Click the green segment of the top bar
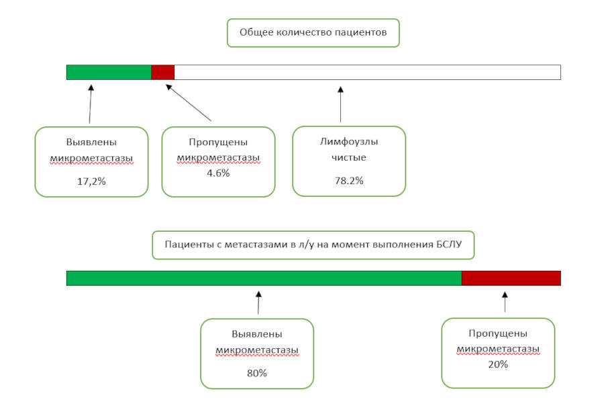coord(109,73)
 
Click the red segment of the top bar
coord(163,73)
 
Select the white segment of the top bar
coord(368,73)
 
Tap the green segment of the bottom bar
coord(264,278)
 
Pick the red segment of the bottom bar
coord(511,278)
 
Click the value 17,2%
coord(91,181)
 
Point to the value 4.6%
coord(218,173)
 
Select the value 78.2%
coord(349,181)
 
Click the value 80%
coord(257,373)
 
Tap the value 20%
coord(498,364)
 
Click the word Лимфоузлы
coord(349,142)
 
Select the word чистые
coord(349,157)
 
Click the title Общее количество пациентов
coord(313,32)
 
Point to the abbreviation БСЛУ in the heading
coord(449,244)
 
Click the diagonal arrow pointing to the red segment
coord(189,103)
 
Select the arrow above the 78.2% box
coord(340,105)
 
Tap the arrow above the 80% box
coord(258,302)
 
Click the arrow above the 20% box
coord(505,302)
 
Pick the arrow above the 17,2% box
coord(91,104)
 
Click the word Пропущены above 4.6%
coord(218,142)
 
